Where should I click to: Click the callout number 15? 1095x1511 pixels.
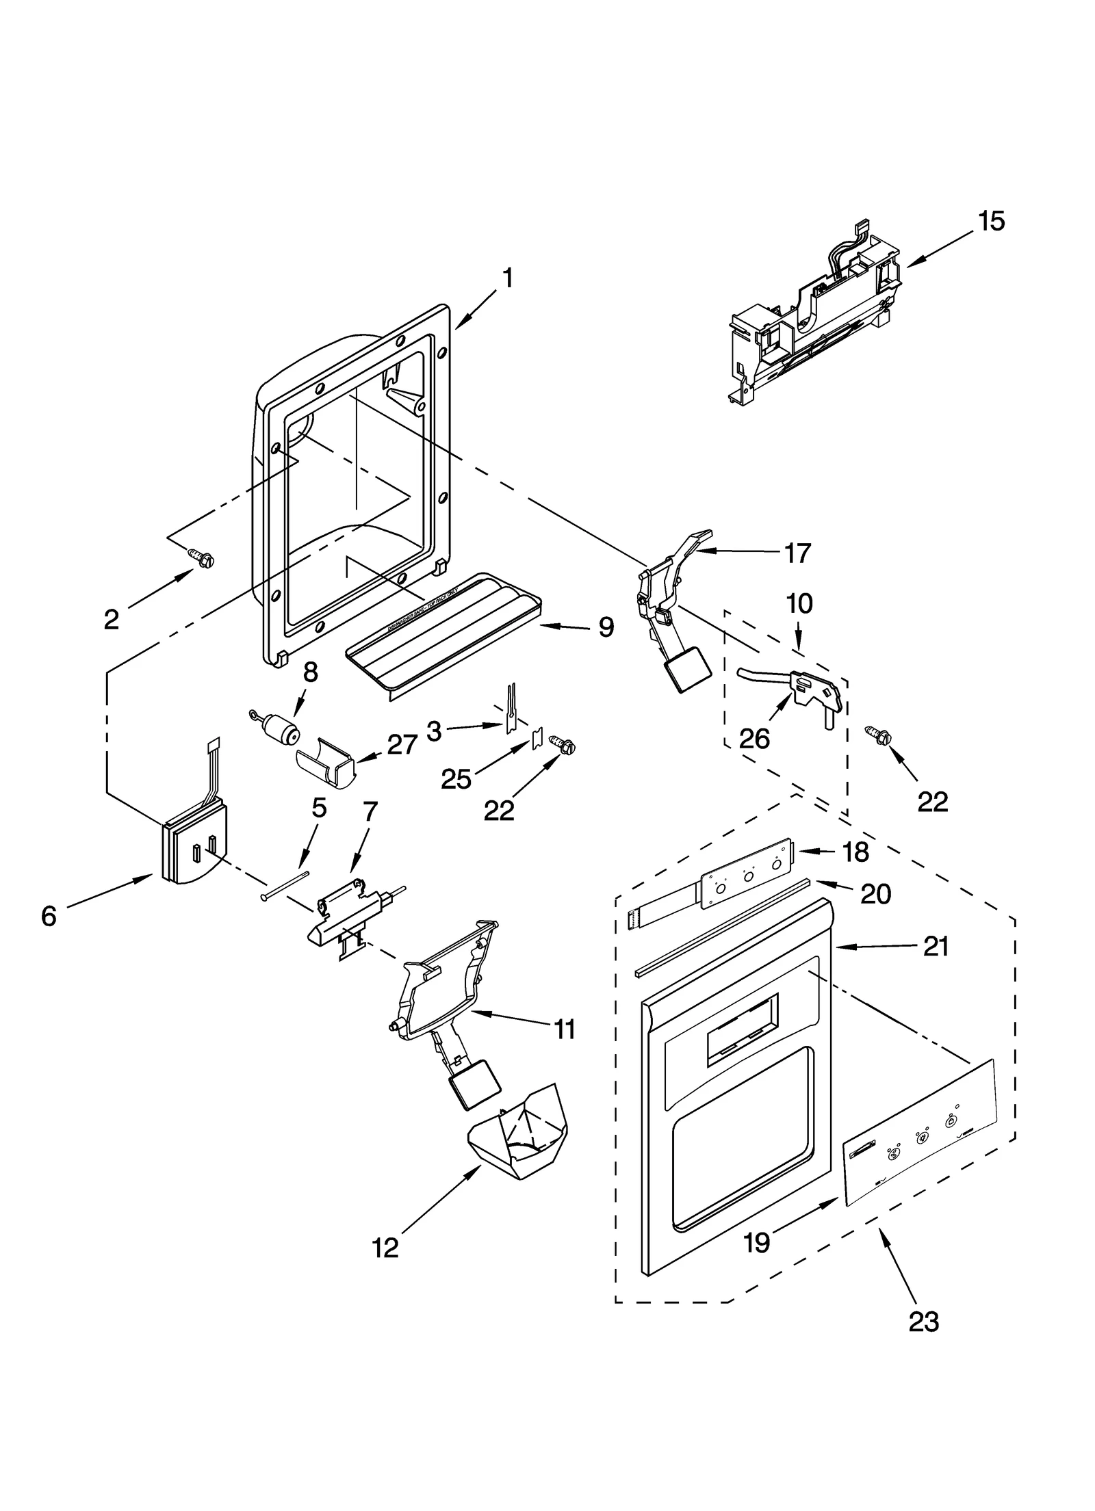pos(991,221)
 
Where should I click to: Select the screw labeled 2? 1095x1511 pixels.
pos(201,560)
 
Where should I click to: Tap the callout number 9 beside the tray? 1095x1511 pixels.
pos(606,627)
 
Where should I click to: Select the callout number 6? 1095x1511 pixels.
pos(48,916)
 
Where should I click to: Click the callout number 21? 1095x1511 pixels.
pos(936,946)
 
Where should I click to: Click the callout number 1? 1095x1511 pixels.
pos(507,278)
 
